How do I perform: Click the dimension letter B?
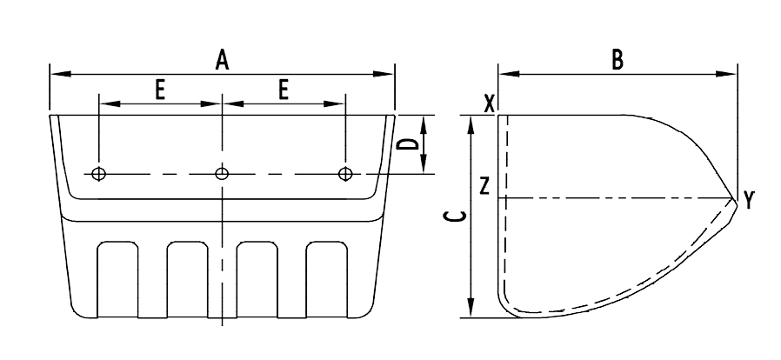pos(617,60)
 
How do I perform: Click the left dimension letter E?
pos(161,90)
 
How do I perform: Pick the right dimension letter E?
pos(284,90)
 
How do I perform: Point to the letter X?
pos(489,102)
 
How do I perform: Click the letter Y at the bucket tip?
pos(749,202)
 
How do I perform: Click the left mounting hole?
pos(99,174)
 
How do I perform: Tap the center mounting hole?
pos(223,174)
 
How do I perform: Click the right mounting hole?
pos(346,174)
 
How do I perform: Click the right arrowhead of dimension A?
pos(389,74)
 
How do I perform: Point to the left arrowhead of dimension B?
pos(504,75)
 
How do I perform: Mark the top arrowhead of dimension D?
pos(425,121)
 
